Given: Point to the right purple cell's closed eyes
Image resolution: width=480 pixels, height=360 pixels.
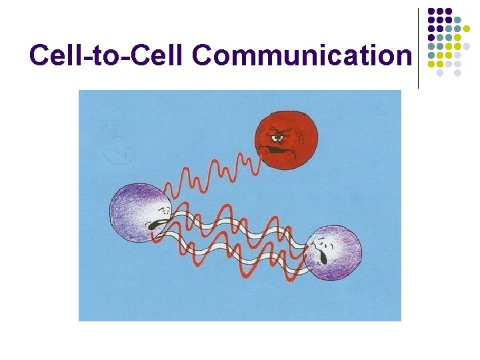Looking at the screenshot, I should point(323,239).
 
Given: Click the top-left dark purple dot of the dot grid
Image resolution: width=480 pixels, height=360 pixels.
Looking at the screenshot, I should point(431,11).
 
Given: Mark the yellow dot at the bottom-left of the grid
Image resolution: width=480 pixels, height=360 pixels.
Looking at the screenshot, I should point(431,64).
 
